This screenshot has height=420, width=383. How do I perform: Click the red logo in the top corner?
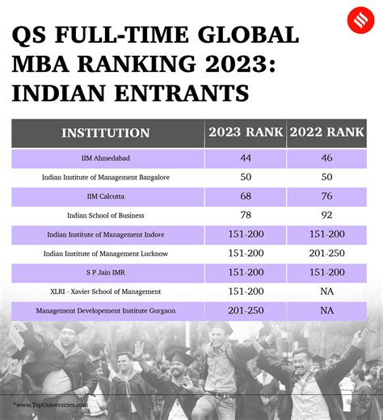360,20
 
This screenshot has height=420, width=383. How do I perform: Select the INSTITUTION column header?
106,133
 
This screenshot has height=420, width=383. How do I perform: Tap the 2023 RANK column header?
246,132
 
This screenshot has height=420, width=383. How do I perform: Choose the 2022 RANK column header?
326,132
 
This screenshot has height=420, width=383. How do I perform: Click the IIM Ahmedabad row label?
106,158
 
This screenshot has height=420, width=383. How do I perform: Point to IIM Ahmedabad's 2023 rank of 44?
246,157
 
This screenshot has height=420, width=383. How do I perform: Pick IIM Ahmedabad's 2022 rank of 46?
326,157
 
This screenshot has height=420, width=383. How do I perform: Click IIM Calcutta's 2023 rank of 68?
246,196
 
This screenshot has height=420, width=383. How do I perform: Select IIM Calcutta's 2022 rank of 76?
326,196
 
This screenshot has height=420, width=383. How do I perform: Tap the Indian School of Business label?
106,216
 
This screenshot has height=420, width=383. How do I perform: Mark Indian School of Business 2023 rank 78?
246,215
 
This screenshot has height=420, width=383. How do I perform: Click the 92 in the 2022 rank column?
326,215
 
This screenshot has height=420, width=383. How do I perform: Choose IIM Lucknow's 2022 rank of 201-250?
326,254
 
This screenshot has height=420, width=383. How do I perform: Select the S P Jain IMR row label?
106,272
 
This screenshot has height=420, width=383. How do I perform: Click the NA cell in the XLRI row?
326,292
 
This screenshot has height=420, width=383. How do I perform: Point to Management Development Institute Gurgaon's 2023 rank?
246,311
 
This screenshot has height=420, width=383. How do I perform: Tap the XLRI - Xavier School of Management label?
106,292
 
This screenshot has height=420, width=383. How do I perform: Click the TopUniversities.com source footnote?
50,405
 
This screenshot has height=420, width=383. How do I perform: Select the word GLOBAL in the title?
248,35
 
